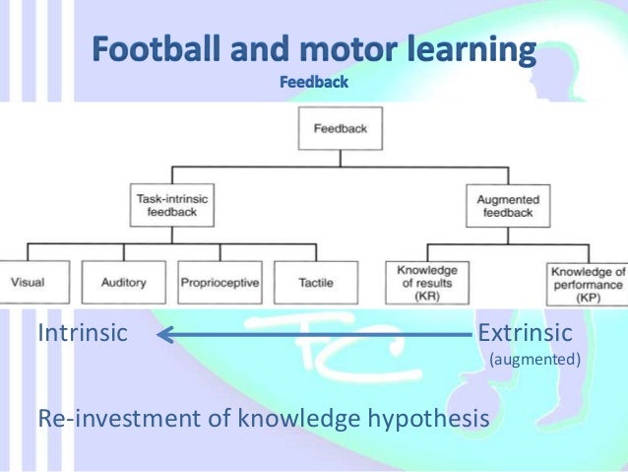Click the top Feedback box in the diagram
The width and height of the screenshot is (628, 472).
coord(341,128)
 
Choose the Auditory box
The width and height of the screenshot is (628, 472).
coord(124,282)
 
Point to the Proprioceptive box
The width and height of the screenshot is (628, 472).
coord(220,282)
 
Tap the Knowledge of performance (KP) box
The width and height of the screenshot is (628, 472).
coord(588,282)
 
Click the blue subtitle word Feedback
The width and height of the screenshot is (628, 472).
coord(314,83)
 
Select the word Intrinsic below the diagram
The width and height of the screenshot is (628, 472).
coord(83,333)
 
